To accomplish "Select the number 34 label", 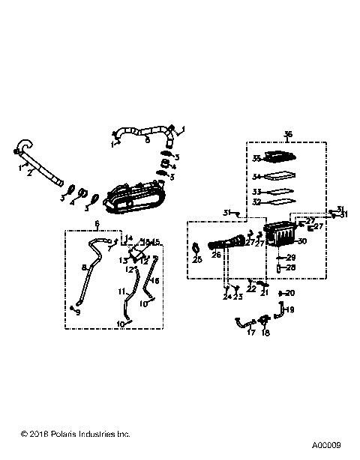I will (256, 177).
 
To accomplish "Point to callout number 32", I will (256, 202).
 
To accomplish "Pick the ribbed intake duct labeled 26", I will (225, 243).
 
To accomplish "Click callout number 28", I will (292, 267).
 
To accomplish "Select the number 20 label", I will (291, 293).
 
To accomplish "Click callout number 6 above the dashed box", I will (96, 224).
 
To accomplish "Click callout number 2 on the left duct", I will (29, 172).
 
